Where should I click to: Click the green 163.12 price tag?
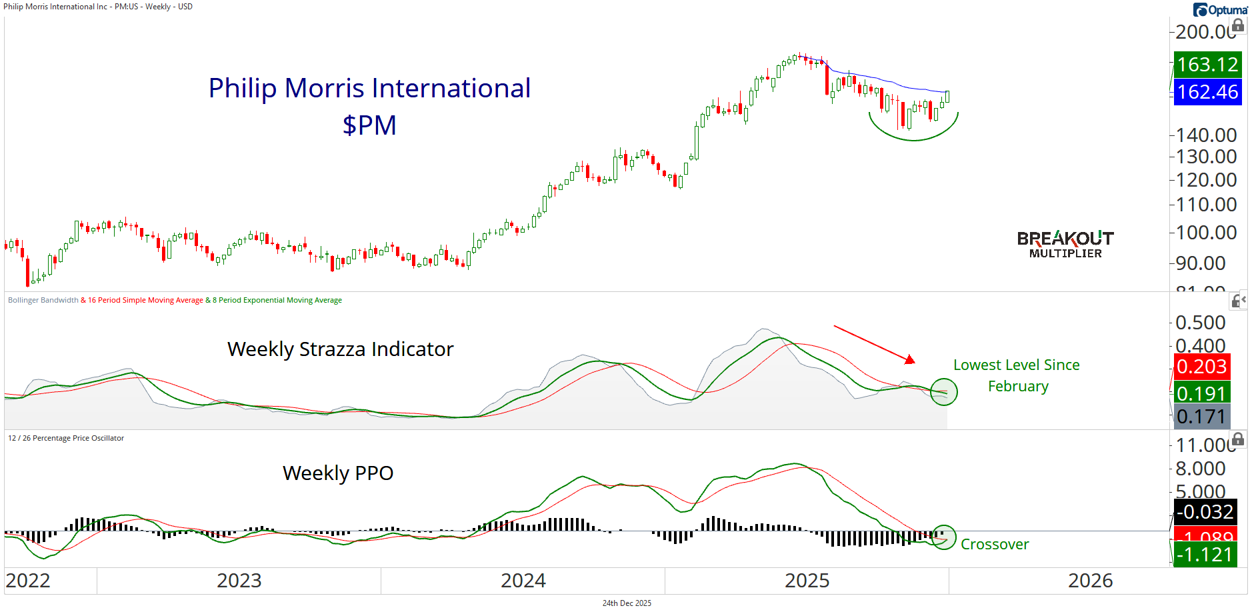(1207, 65)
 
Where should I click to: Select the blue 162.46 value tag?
(1207, 92)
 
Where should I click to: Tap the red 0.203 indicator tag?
(1201, 366)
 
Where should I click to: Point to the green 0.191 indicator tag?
(1201, 393)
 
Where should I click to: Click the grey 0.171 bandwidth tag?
(1201, 417)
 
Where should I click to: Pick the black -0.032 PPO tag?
(1205, 511)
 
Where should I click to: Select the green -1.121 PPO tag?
(1205, 554)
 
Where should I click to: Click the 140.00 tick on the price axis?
(1206, 135)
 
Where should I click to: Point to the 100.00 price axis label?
(1206, 233)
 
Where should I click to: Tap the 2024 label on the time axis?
(523, 581)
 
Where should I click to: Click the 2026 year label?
(1090, 581)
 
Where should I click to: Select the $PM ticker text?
(369, 125)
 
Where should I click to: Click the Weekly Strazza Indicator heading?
(340, 349)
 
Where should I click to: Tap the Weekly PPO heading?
(338, 473)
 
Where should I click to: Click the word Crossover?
(995, 545)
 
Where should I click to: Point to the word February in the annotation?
(1018, 387)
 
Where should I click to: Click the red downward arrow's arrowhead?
(910, 360)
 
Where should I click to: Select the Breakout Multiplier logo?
(1065, 244)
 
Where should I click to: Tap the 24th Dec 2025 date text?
(627, 603)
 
